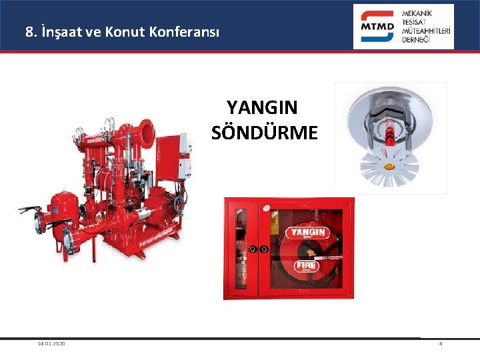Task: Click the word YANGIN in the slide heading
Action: pyautogui.click(x=262, y=107)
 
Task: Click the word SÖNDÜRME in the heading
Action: pyautogui.click(x=265, y=133)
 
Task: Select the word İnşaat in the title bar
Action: pyautogui.click(x=65, y=31)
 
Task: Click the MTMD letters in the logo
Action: pyautogui.click(x=377, y=27)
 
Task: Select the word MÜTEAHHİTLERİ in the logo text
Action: pyautogui.click(x=427, y=31)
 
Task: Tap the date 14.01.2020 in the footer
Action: pyautogui.click(x=51, y=343)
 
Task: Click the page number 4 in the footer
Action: pyautogui.click(x=441, y=343)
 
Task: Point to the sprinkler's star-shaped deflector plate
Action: pyautogui.click(x=388, y=167)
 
